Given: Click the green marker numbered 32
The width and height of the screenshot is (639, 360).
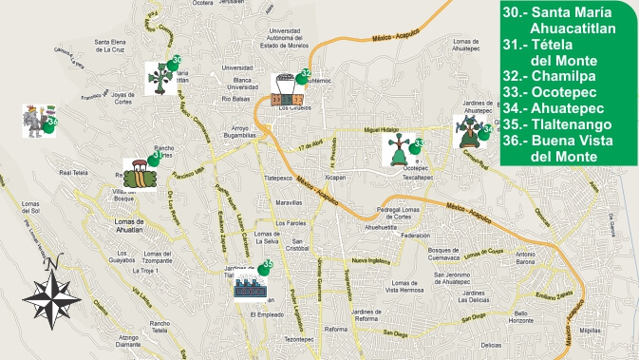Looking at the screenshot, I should (x=305, y=74).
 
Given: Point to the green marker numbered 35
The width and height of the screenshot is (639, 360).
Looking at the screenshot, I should (x=268, y=266).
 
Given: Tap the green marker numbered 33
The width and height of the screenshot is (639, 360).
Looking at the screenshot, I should (x=417, y=144).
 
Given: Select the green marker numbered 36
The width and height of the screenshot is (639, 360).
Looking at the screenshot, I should (x=52, y=122).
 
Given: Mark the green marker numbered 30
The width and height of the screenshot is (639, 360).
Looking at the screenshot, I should (x=177, y=63).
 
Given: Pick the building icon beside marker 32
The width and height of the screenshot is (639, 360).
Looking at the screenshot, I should (x=286, y=88).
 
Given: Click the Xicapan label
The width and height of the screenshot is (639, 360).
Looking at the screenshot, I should (x=334, y=177).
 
